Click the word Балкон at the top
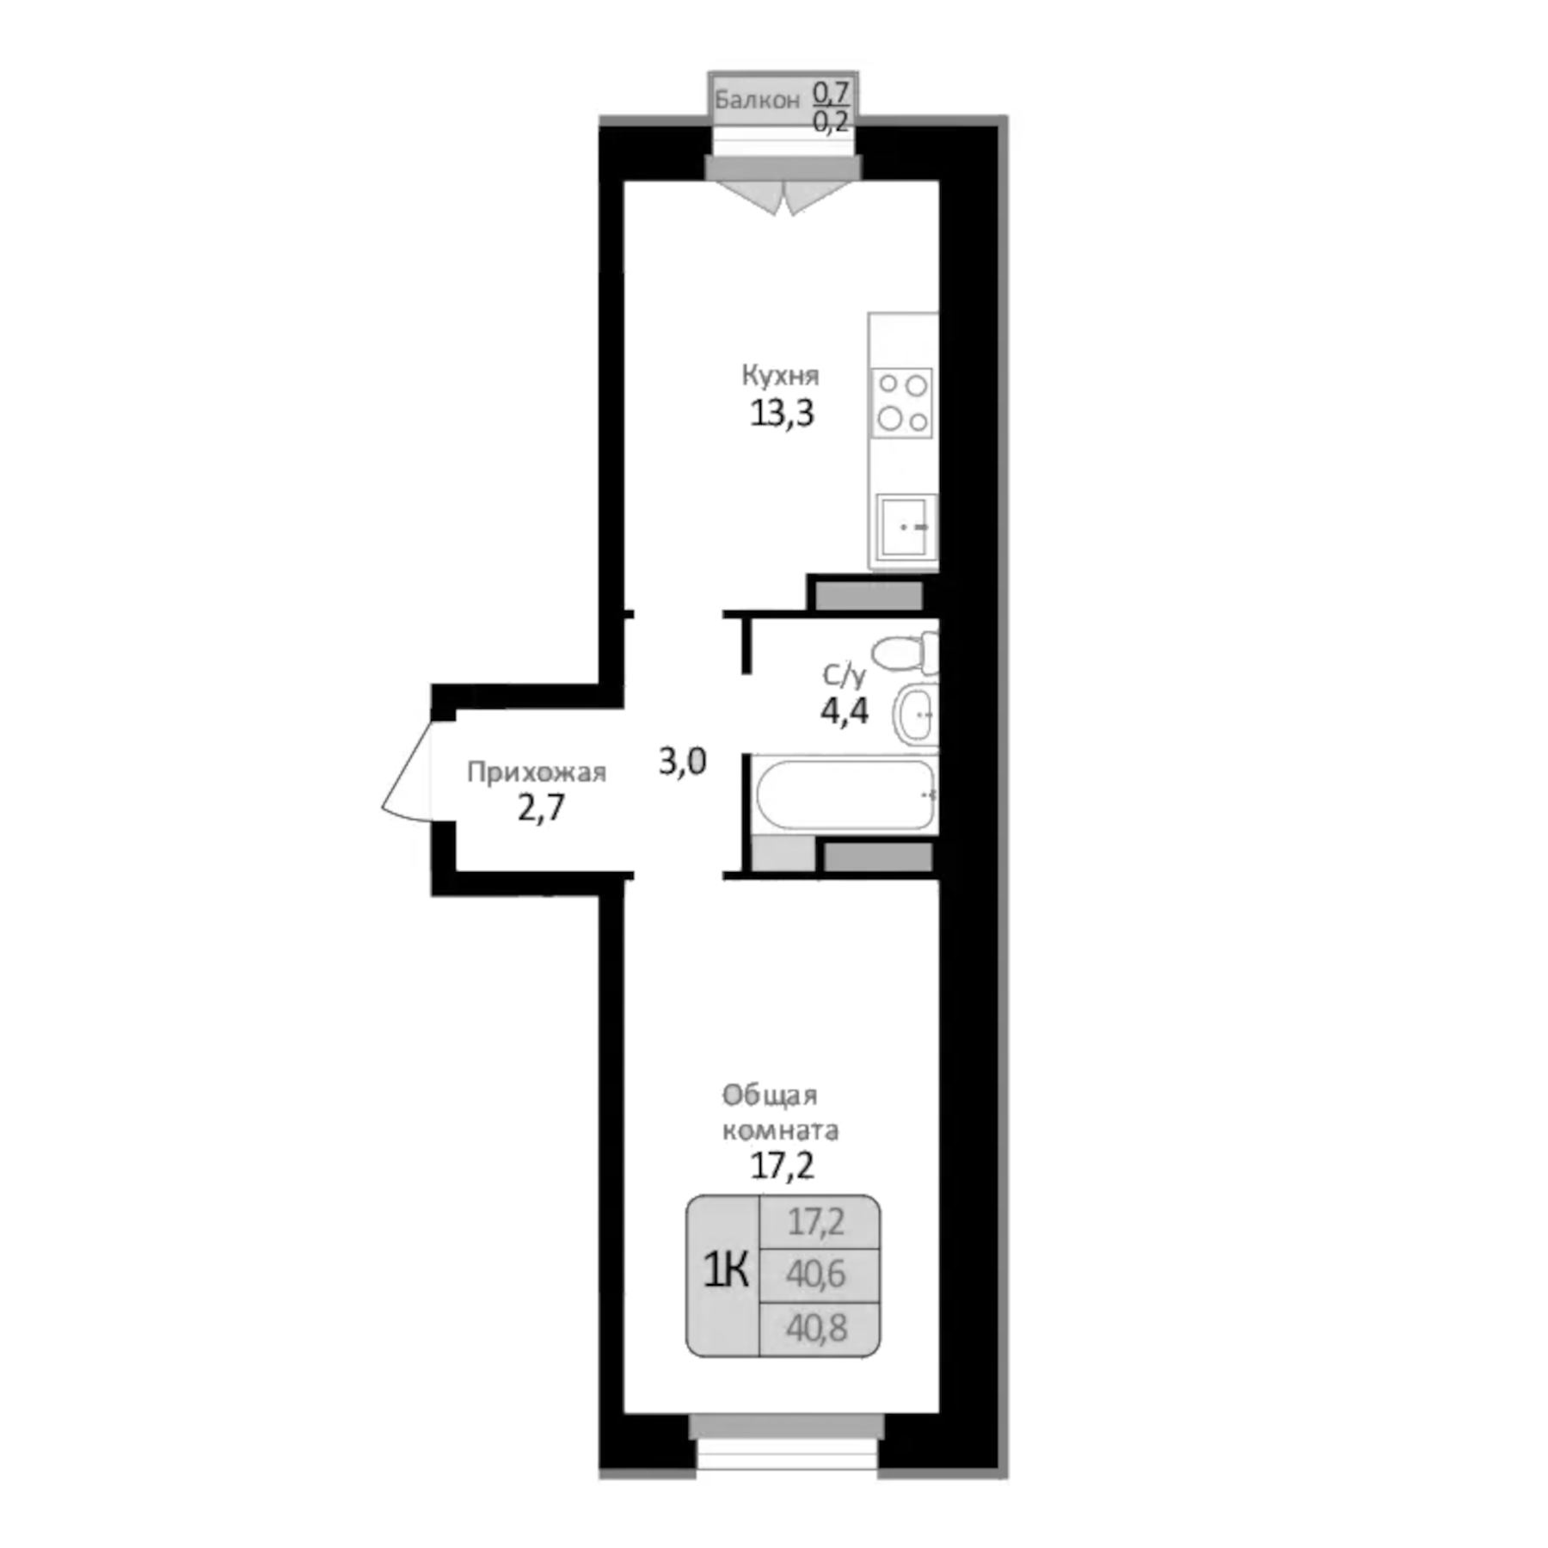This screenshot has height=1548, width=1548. click(757, 101)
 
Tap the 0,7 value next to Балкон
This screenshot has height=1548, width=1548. click(832, 91)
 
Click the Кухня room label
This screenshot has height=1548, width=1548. click(780, 376)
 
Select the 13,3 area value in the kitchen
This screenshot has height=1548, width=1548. click(782, 414)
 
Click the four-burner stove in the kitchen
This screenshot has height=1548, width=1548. click(902, 402)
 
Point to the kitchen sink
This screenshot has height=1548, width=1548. click(905, 526)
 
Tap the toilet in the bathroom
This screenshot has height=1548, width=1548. click(908, 654)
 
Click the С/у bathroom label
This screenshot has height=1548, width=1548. click(844, 675)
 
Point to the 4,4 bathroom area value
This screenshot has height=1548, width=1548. click(844, 712)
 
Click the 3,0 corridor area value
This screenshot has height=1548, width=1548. click(683, 761)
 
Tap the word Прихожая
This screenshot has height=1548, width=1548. click(536, 772)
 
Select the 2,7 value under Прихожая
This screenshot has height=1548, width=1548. click(541, 808)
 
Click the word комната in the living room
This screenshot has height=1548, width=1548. click(780, 1130)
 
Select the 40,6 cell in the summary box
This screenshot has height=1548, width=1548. click(816, 1274)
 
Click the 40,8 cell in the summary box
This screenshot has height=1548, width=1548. click(816, 1328)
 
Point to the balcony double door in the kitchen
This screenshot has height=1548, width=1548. click(782, 196)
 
